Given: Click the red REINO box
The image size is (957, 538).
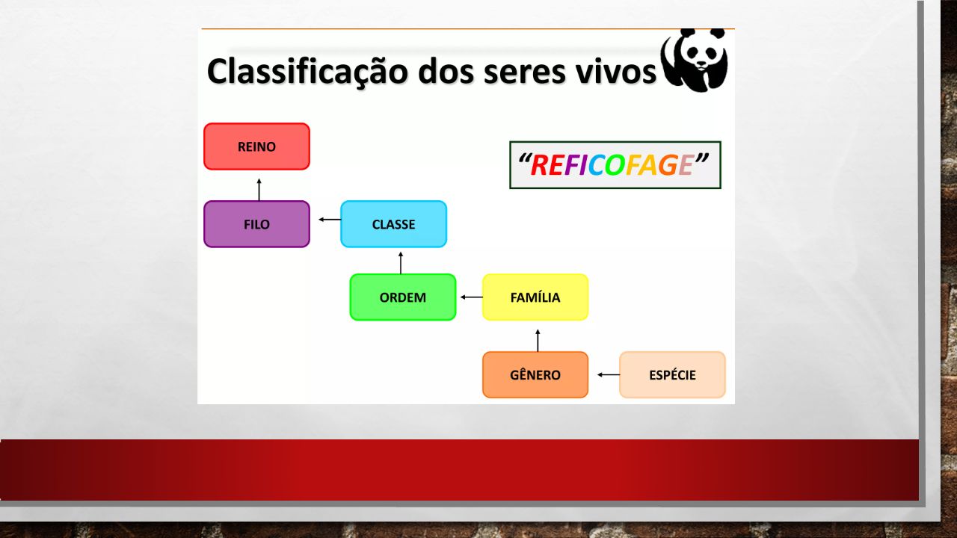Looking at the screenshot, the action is coord(256,146).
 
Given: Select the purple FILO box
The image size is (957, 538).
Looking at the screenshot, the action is coord(256,224).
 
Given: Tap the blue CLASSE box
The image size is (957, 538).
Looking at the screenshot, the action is coord(394,224).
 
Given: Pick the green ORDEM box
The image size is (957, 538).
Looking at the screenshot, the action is coord(403,297).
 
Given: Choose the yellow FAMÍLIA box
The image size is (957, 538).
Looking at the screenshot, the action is coord(535,297).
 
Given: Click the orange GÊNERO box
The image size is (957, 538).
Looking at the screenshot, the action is coord(535,375).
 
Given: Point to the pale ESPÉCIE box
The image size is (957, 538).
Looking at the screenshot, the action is coord(672,375).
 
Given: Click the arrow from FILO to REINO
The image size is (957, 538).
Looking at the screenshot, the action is coord(259,190).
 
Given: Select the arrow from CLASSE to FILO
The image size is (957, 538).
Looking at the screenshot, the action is coord(330,220).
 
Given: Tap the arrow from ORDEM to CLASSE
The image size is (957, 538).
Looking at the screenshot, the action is coord(401,263).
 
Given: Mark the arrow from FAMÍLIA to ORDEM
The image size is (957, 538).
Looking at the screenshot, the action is coord(472,297).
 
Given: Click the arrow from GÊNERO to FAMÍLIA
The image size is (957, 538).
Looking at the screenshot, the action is coord(538,341).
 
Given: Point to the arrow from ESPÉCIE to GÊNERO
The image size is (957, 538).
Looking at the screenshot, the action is coord(609,375).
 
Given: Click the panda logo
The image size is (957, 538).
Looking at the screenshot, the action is coord(695,61).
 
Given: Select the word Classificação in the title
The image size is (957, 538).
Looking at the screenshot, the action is coord(307,72).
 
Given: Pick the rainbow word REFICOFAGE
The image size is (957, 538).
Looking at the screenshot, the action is coord(612,165).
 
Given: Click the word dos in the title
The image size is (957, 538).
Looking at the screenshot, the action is coord(446,72).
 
